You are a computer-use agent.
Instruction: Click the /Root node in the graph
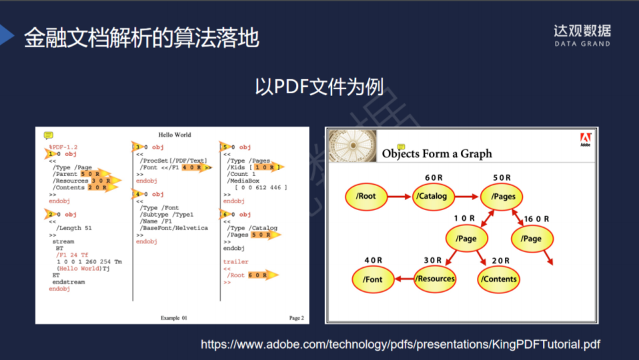pos(366,196)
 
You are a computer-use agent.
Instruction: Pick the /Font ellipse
pos(374,279)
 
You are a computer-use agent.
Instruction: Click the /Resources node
pos(436,279)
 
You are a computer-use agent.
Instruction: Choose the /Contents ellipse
pos(499,279)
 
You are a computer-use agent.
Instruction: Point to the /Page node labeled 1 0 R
pos(466,238)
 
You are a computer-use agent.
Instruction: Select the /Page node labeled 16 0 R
pos(532,238)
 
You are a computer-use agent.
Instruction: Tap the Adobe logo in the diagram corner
pos(586,139)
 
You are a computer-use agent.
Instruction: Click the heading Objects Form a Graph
pos(437,154)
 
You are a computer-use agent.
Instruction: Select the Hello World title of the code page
pos(174,135)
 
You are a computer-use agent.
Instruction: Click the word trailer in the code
pos(235,262)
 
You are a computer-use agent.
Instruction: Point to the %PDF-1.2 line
pos(63,147)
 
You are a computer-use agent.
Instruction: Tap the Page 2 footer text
pos(296,318)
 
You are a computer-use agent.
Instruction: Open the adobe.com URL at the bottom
pos(400,345)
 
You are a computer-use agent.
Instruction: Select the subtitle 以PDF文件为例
pos(319,87)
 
